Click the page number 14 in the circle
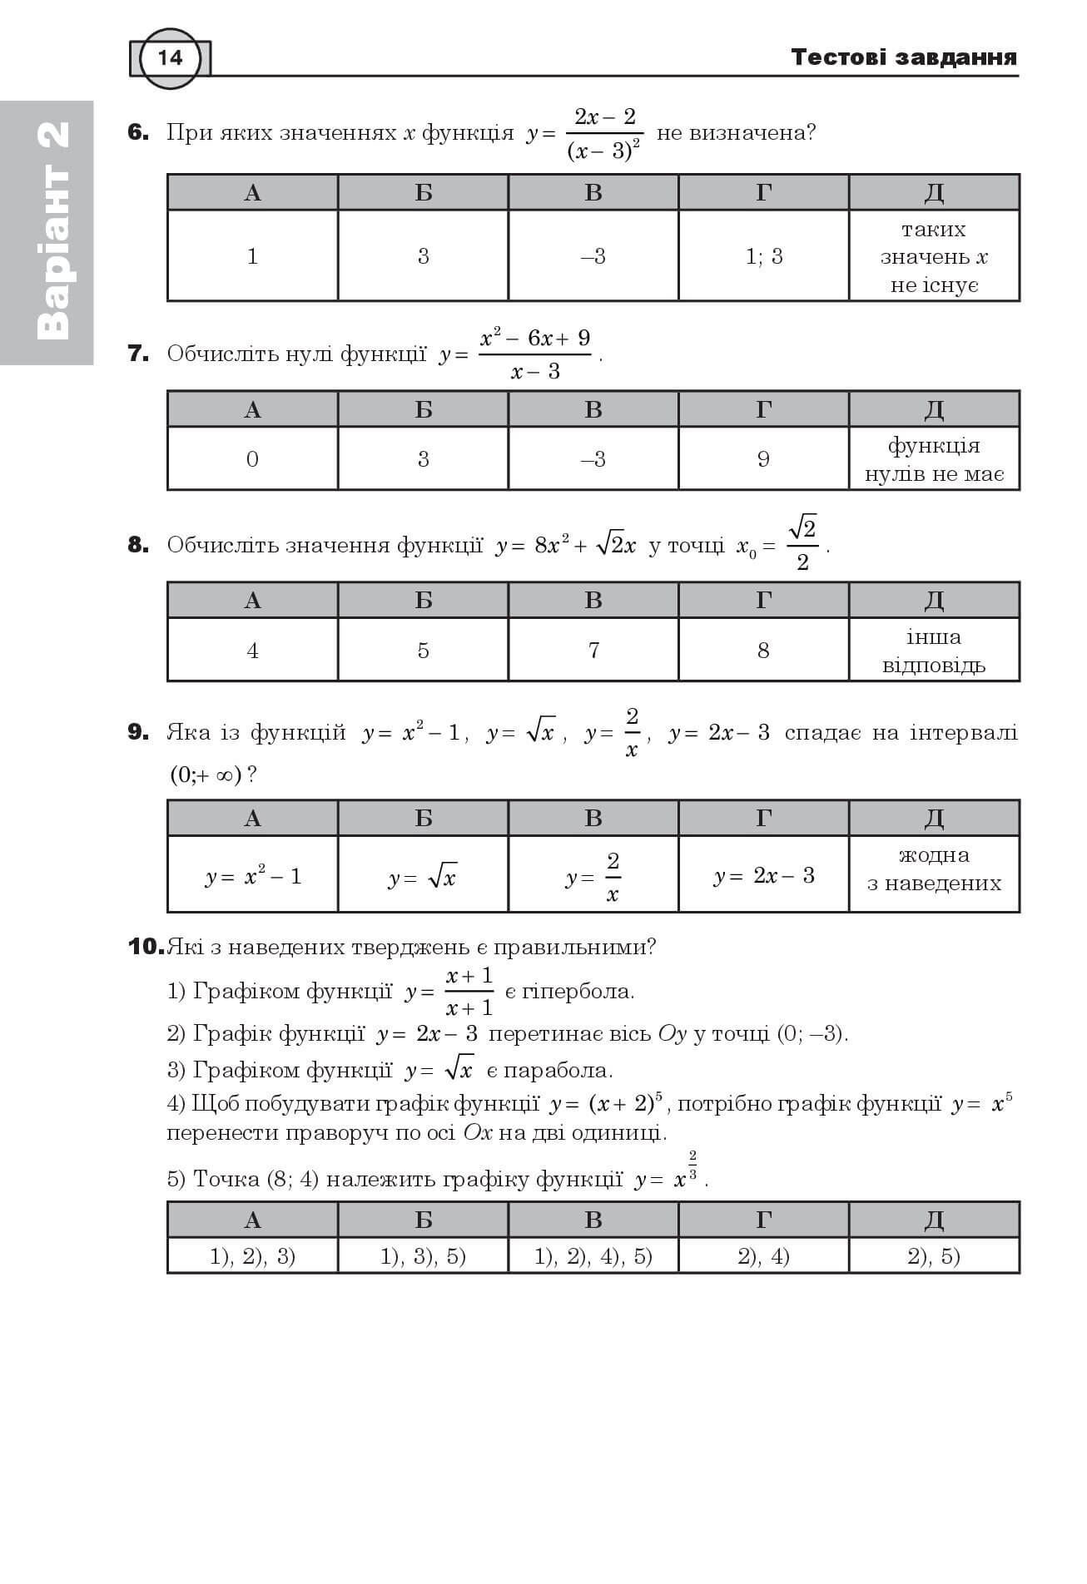(x=170, y=57)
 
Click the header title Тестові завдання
(x=903, y=57)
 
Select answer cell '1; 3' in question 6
(x=763, y=256)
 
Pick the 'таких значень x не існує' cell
(x=934, y=256)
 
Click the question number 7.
(x=138, y=354)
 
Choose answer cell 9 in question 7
(x=763, y=459)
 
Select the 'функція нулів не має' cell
(x=934, y=459)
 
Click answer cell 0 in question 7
(x=252, y=459)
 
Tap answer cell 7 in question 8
(x=593, y=650)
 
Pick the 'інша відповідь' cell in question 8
(x=934, y=651)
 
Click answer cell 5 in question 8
(x=423, y=650)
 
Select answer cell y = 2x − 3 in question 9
(x=763, y=875)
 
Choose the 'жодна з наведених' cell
(x=934, y=869)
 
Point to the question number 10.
(x=146, y=947)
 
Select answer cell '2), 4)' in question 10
(x=763, y=1256)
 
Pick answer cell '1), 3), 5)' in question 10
(x=423, y=1256)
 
